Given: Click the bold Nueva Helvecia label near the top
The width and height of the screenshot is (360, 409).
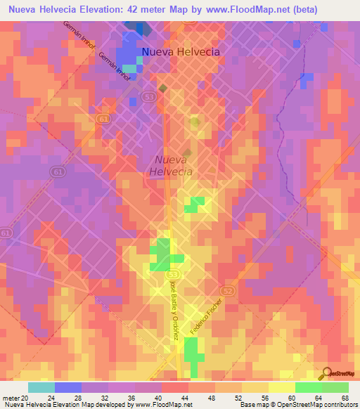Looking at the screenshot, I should [181, 52].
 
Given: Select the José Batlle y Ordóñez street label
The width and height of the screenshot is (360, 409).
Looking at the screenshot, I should [173, 310].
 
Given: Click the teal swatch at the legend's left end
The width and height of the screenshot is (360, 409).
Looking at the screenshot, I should [41, 387].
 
